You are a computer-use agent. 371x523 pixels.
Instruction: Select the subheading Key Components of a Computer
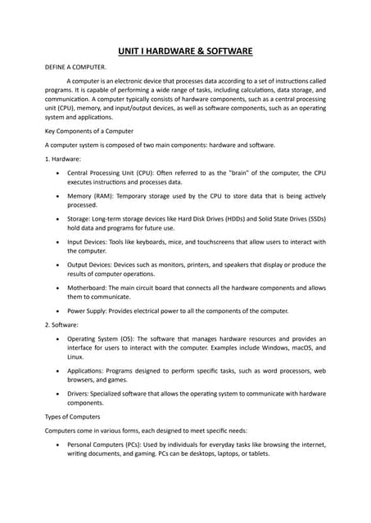click(x=88, y=131)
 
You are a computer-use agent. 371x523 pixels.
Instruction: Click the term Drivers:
click(x=81, y=393)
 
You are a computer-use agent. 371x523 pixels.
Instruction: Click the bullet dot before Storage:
click(x=56, y=219)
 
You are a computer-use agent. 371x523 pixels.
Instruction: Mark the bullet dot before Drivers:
click(x=56, y=393)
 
